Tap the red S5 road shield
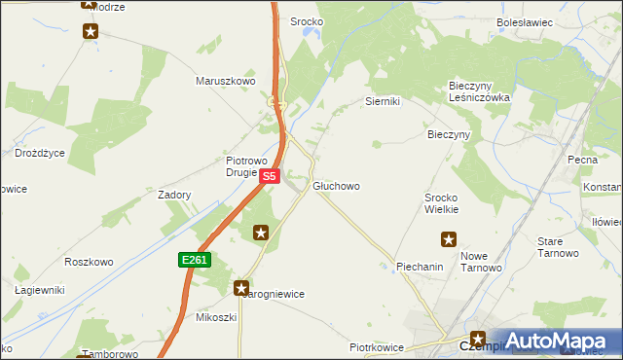click(271, 176)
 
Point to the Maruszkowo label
click(226, 81)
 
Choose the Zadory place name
click(174, 195)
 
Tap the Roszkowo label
click(89, 262)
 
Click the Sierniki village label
click(383, 101)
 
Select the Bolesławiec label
click(525, 20)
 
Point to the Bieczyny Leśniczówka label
click(478, 91)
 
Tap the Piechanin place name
click(421, 266)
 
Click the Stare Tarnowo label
click(558, 246)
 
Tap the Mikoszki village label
click(216, 317)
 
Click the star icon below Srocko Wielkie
click(449, 238)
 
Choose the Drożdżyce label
click(40, 153)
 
